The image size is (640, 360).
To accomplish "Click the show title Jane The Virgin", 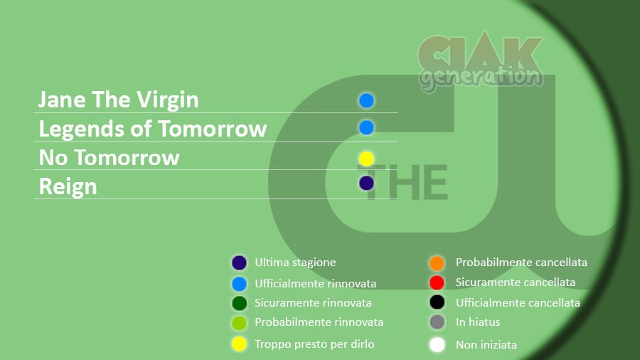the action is point(118,100).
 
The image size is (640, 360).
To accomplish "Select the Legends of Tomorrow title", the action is point(153,129).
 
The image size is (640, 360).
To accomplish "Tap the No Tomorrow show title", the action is point(109,157).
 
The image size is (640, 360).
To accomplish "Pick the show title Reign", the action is point(68,187).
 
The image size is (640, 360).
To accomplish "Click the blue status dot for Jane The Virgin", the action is point(366,100).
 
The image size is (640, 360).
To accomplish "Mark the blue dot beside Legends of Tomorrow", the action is point(366,127).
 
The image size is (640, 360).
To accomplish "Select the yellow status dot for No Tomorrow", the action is point(366,159).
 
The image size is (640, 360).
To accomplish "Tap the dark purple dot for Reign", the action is point(366,183).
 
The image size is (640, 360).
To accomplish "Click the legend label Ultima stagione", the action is point(295,263).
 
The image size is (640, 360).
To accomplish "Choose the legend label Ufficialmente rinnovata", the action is point(315,283).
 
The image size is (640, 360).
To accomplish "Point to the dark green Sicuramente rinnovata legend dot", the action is point(239,303).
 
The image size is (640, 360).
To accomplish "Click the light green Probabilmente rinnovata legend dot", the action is point(239,323).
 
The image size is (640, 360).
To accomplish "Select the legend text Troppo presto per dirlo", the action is point(314,344).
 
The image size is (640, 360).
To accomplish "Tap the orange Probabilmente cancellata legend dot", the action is point(437,263).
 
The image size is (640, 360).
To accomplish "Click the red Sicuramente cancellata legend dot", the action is point(437,282).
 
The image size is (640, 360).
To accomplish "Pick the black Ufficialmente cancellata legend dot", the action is point(437,302).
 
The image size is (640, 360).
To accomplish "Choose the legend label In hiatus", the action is point(478,322).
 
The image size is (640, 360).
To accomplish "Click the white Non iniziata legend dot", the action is point(437,344).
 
